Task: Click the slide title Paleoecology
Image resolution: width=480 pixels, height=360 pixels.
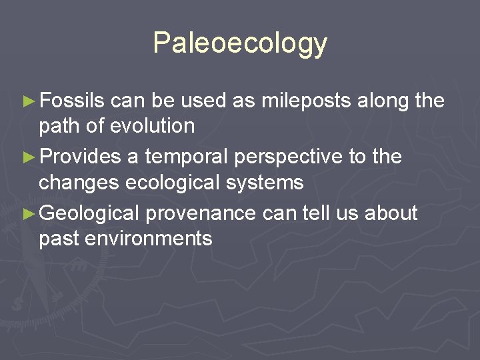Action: (240, 43)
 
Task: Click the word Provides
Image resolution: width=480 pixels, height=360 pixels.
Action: (81, 157)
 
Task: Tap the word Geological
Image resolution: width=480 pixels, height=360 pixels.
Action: (89, 214)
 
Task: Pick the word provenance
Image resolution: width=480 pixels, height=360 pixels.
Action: (201, 214)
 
